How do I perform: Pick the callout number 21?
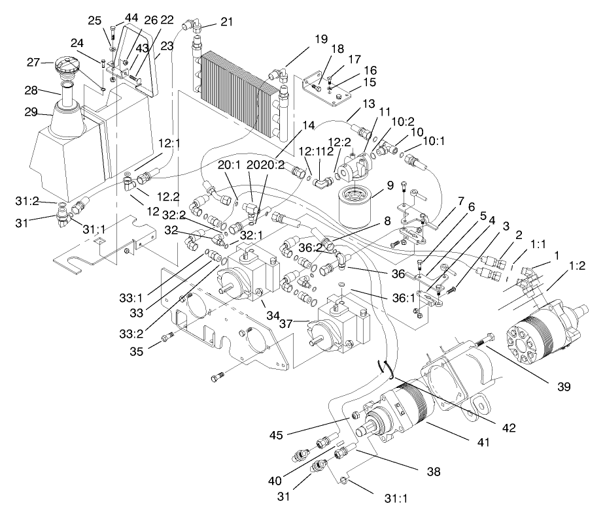pyautogui.click(x=226, y=22)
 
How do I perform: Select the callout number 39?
pyautogui.click(x=563, y=386)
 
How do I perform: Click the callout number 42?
pyautogui.click(x=508, y=428)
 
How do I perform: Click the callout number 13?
pyautogui.click(x=368, y=104)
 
